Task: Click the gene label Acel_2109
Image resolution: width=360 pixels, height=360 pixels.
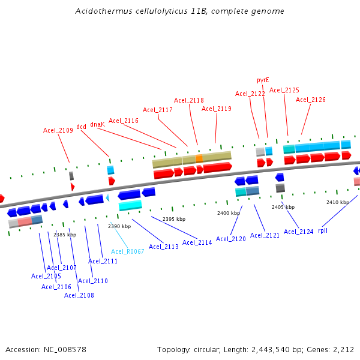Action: pyautogui.click(x=58, y=130)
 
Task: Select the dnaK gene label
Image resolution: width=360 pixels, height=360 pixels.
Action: pyautogui.click(x=97, y=124)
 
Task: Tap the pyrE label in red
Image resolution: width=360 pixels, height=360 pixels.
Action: pyautogui.click(x=263, y=80)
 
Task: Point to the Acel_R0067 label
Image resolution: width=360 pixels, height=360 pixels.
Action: pyautogui.click(x=128, y=251)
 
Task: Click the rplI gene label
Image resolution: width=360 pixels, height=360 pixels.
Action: pyautogui.click(x=323, y=230)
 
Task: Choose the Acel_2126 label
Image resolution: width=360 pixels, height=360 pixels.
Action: pyautogui.click(x=311, y=100)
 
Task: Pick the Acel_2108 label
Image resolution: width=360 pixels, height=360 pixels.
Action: pyautogui.click(x=79, y=295)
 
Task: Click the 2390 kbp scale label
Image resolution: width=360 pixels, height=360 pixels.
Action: pyautogui.click(x=119, y=226)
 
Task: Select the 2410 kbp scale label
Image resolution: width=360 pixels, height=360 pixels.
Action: pyautogui.click(x=337, y=202)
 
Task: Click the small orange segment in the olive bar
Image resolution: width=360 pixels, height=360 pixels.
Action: pyautogui.click(x=199, y=158)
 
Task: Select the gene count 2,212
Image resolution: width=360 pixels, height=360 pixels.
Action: pyautogui.click(x=343, y=349)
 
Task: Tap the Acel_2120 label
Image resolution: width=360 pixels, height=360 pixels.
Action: pyautogui.click(x=231, y=239)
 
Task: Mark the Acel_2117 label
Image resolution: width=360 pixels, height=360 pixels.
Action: pyautogui.click(x=158, y=110)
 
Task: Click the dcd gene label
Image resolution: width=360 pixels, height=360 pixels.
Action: pyautogui.click(x=81, y=127)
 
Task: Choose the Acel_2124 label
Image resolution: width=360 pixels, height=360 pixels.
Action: pyautogui.click(x=299, y=232)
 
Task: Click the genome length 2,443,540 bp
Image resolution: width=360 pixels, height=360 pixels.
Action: pyautogui.click(x=281, y=349)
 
